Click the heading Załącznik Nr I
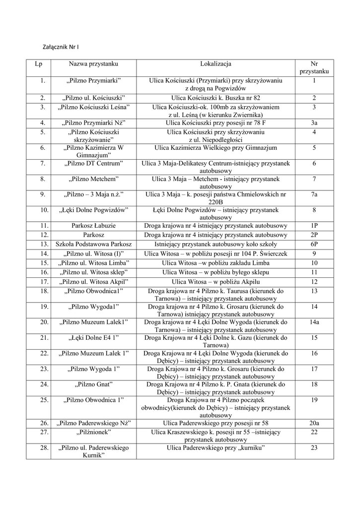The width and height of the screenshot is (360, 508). (x=62, y=47)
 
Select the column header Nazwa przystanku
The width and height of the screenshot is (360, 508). (x=94, y=64)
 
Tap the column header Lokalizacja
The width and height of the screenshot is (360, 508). (x=216, y=64)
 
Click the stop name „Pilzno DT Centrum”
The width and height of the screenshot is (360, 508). (x=94, y=163)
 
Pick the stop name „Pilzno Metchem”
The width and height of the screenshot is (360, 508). (x=94, y=179)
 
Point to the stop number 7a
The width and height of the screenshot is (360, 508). (x=314, y=194)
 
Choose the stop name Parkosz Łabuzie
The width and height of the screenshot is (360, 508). (x=94, y=226)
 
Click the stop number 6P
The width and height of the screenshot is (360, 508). (x=314, y=244)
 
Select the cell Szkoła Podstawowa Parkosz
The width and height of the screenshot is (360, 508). (x=94, y=244)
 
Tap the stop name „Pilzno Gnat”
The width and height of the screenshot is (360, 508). (x=94, y=384)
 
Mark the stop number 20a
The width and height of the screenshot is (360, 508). (x=314, y=423)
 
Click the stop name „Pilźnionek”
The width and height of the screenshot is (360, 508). (x=94, y=433)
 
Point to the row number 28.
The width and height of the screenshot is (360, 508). (x=44, y=448)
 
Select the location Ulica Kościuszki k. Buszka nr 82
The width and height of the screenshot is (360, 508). (x=216, y=98)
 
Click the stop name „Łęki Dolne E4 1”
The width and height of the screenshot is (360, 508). (x=94, y=338)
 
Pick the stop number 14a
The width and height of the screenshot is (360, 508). (x=314, y=322)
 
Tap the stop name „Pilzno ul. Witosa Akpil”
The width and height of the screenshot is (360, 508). (x=94, y=282)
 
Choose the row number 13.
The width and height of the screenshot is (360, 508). (x=44, y=244)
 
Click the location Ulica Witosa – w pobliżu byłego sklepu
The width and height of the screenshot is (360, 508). (x=216, y=272)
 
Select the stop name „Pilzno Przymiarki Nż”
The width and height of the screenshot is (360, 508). (x=94, y=123)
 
